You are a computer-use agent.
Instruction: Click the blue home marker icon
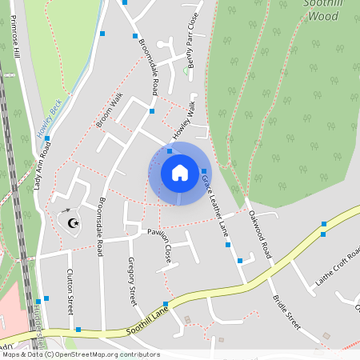[x=179, y=173]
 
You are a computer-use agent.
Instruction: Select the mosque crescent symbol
[x=74, y=222]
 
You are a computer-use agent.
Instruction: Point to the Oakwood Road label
[x=261, y=227]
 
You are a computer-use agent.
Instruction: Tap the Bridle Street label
[x=285, y=311]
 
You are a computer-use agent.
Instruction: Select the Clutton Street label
[x=69, y=291]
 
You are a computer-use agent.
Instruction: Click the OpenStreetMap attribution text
[x=80, y=354]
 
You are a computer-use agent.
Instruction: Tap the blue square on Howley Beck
[x=47, y=138]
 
